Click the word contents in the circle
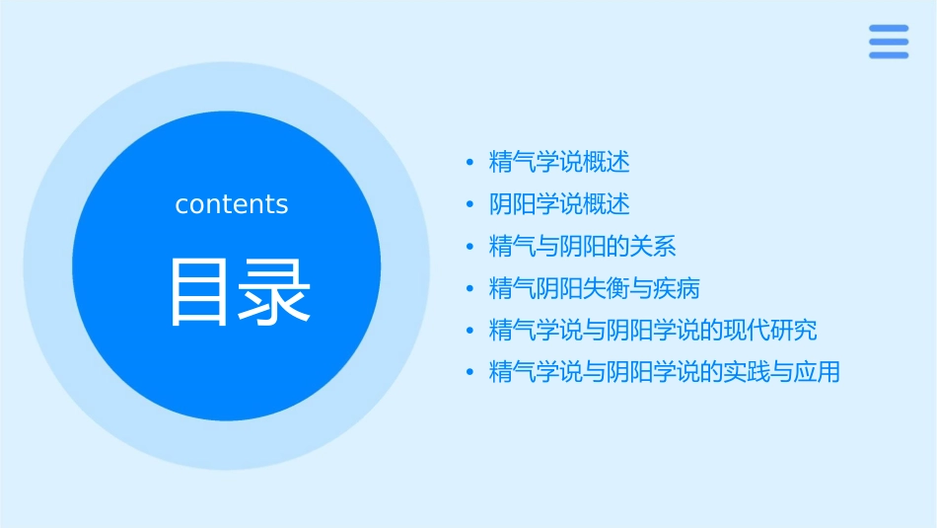(x=232, y=204)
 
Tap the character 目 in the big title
(x=199, y=292)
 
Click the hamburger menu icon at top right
(x=888, y=41)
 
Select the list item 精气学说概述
(x=559, y=161)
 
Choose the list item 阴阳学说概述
(x=559, y=204)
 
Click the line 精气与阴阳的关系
(x=583, y=247)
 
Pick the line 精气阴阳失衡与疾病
(x=595, y=289)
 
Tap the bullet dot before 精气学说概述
(x=470, y=162)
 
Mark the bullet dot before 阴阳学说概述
(x=470, y=204)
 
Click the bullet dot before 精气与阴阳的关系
(x=470, y=247)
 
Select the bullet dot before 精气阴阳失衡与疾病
(x=470, y=289)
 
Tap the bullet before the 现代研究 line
(x=470, y=331)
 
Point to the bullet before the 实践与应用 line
(x=470, y=373)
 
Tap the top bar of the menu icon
(x=888, y=29)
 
